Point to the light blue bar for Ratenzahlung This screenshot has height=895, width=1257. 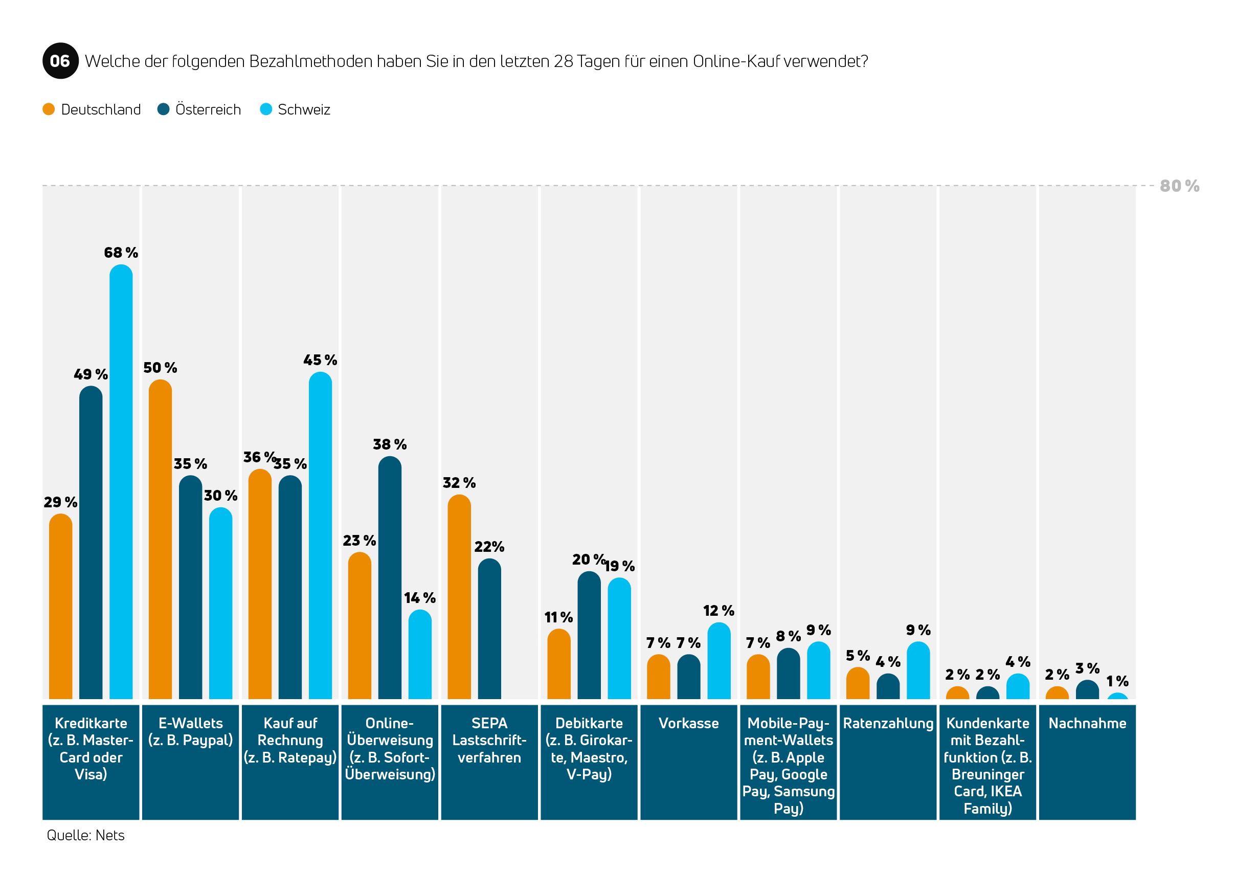click(x=918, y=670)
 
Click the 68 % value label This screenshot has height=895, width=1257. click(x=121, y=253)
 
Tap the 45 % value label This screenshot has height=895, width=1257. click(x=320, y=360)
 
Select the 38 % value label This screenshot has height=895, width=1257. click(x=390, y=444)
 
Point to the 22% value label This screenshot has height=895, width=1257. click(x=489, y=547)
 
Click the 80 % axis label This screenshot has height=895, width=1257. click(x=1179, y=186)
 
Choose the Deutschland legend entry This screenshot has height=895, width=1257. click(x=92, y=109)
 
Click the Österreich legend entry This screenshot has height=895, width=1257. click(x=199, y=109)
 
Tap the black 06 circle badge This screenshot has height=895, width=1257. click(x=60, y=61)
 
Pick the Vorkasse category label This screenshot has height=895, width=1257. click(x=688, y=723)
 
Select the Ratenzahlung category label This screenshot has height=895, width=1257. click(x=888, y=724)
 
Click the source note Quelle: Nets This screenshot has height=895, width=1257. click(x=85, y=835)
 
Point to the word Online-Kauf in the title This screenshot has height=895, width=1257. click(x=736, y=61)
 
